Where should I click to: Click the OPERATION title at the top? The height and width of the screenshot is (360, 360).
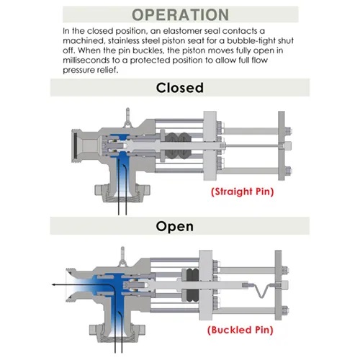coord(181,14)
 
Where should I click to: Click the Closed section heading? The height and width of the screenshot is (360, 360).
coord(180,88)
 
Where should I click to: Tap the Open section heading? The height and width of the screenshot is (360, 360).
coord(174,226)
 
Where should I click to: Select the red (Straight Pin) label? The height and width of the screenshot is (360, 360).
coord(243,192)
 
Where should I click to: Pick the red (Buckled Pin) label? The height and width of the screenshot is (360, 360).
coord(240,330)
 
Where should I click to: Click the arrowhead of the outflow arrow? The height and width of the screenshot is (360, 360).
coord(54,284)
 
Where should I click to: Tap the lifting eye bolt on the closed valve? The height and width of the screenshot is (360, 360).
coord(127,117)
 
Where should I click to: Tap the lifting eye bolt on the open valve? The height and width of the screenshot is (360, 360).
coord(122,256)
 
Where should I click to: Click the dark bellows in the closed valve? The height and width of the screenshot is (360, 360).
coord(178,145)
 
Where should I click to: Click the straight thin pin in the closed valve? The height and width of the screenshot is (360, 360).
coord(252,145)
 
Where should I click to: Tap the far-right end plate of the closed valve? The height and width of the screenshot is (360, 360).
coord(282,145)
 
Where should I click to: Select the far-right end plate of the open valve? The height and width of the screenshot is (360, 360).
coord(278,285)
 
